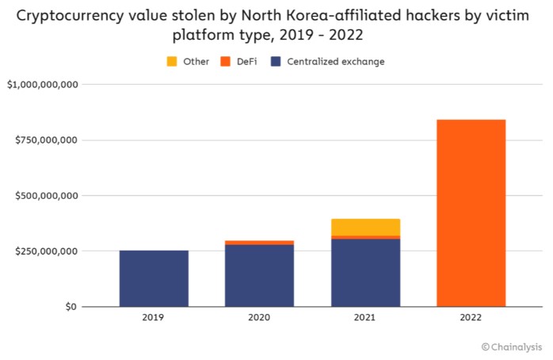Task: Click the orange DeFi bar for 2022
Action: click(471, 213)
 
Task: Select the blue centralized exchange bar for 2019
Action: click(154, 278)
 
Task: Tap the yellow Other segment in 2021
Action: click(365, 227)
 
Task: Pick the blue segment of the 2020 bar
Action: click(259, 275)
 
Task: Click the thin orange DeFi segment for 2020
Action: click(259, 243)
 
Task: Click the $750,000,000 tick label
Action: click(46, 140)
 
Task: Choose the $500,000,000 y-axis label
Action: click(46, 196)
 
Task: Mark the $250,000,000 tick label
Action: click(46, 251)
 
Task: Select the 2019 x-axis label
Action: click(154, 318)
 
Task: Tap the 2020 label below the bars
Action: click(259, 318)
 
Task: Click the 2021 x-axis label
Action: click(365, 318)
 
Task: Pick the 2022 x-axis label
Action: click(471, 318)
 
